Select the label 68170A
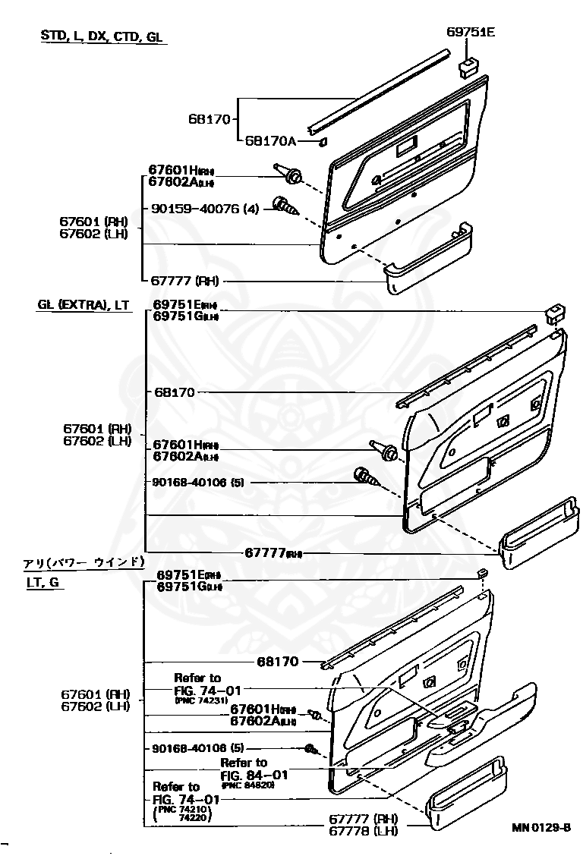click(269, 141)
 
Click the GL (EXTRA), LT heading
click(84, 305)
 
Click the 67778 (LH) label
click(364, 831)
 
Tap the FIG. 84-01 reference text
click(254, 775)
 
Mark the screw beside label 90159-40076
click(287, 206)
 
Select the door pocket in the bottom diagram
click(466, 797)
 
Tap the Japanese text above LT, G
click(84, 562)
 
